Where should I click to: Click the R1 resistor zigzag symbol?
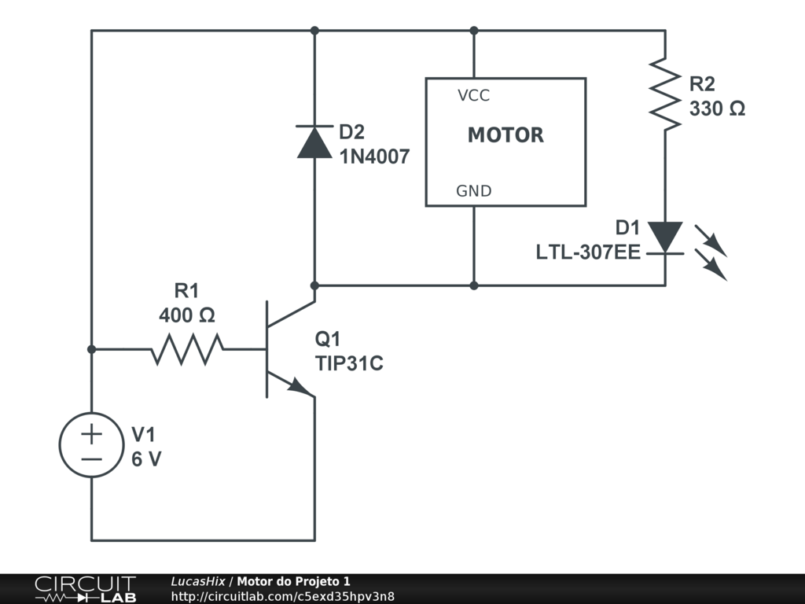[x=187, y=349]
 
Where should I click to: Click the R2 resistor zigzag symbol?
[x=665, y=94]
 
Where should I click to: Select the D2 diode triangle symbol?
[x=314, y=142]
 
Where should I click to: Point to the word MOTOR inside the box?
[x=505, y=135]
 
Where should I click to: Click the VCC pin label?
[x=473, y=95]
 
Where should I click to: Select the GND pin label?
[x=474, y=191]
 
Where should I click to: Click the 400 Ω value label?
[x=187, y=315]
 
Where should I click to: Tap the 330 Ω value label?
[x=717, y=109]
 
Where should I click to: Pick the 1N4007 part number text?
[x=375, y=157]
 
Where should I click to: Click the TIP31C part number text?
[x=349, y=363]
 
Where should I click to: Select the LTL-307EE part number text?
[x=588, y=252]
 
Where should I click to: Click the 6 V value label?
[x=146, y=459]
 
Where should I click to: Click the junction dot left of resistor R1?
[x=91, y=349]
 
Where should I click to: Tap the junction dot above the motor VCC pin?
[x=474, y=31]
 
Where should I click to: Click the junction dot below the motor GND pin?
[x=474, y=285]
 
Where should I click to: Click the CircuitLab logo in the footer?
[x=86, y=589]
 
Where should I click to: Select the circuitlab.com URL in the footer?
[x=283, y=596]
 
